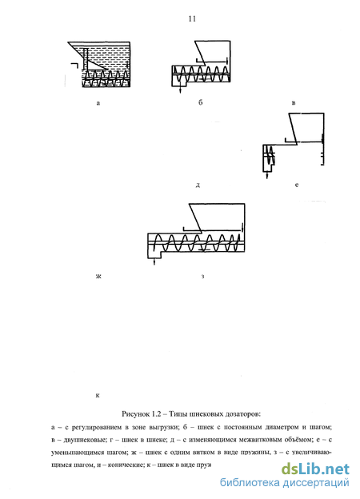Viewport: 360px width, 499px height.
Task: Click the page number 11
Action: tap(192, 19)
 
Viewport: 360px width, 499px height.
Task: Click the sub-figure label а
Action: tap(98, 103)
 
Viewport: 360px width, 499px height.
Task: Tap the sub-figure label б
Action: tap(200, 102)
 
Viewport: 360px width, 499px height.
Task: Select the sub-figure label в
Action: tap(294, 103)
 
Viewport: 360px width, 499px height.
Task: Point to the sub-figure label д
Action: tap(198, 185)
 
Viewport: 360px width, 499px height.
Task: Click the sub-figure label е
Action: tap(297, 185)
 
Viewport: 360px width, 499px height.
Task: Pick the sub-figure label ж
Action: tap(98, 276)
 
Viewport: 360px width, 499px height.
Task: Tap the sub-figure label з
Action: tap(202, 276)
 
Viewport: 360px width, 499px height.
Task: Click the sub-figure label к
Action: tap(98, 396)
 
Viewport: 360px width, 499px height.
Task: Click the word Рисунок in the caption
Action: tap(135, 414)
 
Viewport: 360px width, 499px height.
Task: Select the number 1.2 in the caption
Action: tap(156, 414)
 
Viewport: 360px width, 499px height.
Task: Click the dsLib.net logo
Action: tap(315, 469)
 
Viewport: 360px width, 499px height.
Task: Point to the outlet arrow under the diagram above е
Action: tap(266, 175)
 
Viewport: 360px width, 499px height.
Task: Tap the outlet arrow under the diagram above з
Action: tap(154, 261)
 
